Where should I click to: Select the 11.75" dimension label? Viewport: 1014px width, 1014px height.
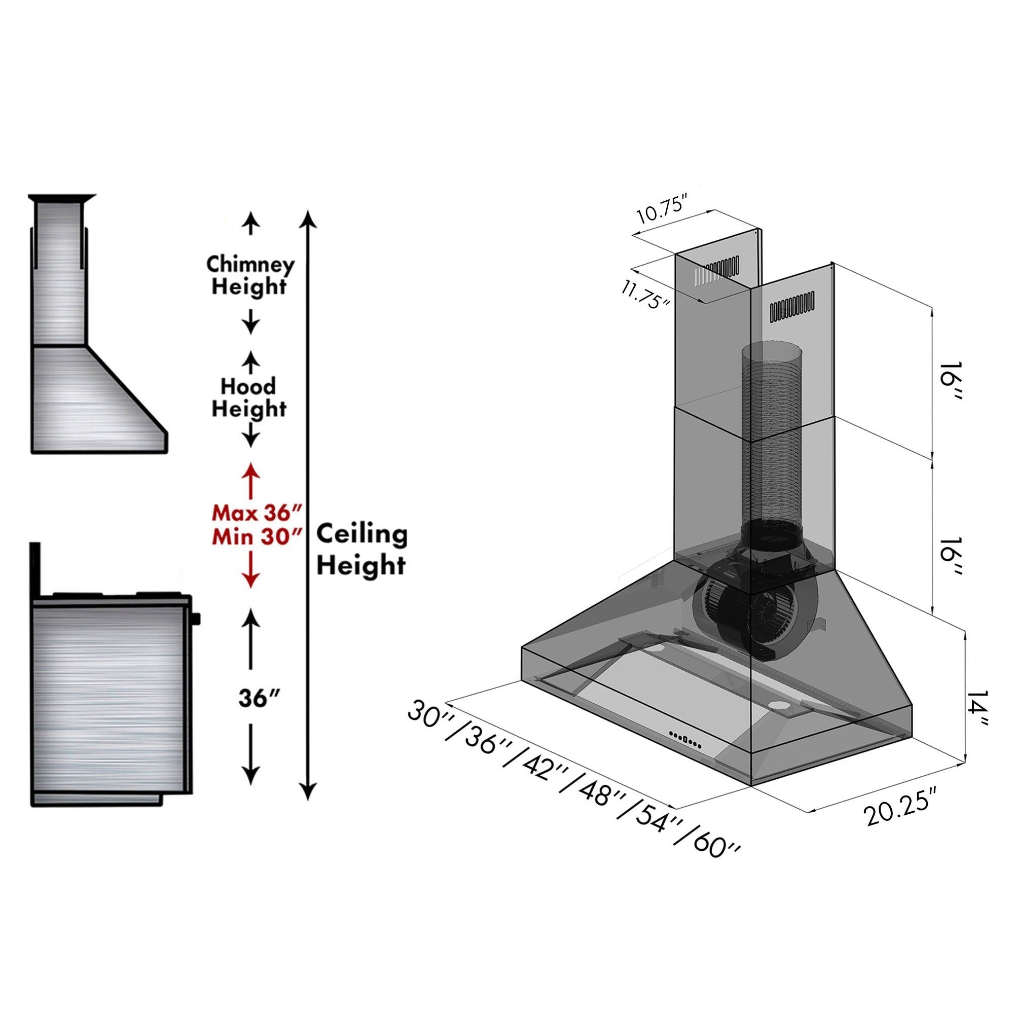(645, 295)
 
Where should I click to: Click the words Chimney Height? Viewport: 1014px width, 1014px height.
(250, 275)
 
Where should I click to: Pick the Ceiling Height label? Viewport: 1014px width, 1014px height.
(362, 550)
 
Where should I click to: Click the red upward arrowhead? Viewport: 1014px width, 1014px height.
(251, 470)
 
